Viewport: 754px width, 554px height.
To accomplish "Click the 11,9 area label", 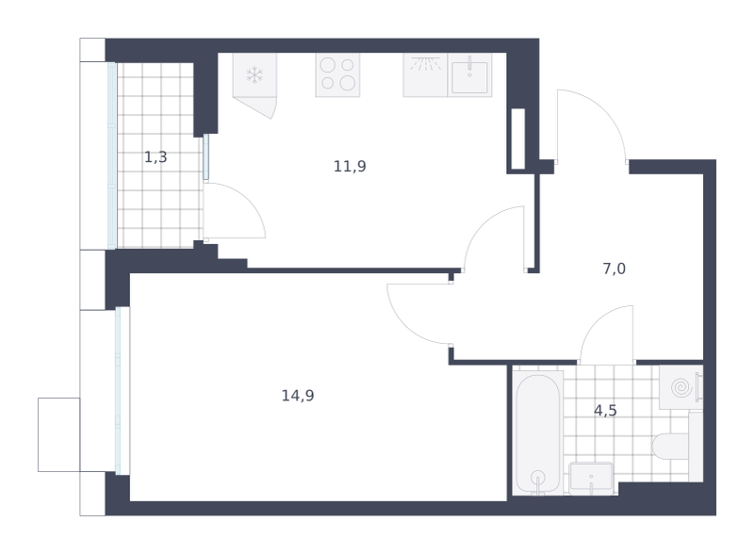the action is pyautogui.click(x=350, y=167).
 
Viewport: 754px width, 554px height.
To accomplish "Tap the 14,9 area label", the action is pyautogui.click(x=298, y=396).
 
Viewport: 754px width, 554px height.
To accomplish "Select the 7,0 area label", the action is pyautogui.click(x=615, y=269).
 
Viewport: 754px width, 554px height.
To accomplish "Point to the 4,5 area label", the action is pyautogui.click(x=605, y=411).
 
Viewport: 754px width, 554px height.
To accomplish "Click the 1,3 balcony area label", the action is pyautogui.click(x=156, y=156).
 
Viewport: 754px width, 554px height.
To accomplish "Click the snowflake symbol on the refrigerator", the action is pyautogui.click(x=254, y=75).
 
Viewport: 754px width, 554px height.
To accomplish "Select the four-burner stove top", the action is pyautogui.click(x=337, y=74).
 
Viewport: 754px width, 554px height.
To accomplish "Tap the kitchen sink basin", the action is pyautogui.click(x=469, y=77).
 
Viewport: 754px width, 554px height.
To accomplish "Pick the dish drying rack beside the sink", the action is pyautogui.click(x=426, y=74).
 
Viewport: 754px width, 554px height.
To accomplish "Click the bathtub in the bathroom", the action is pyautogui.click(x=538, y=432).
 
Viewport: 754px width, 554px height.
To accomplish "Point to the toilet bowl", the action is pyautogui.click(x=671, y=446).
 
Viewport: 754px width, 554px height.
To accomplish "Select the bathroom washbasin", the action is pyautogui.click(x=591, y=478).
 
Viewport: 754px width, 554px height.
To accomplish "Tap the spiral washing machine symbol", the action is pyautogui.click(x=681, y=387).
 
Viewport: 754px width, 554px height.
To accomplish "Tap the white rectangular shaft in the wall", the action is pyautogui.click(x=517, y=139).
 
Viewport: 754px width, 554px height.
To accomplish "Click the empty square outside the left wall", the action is pyautogui.click(x=59, y=434).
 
